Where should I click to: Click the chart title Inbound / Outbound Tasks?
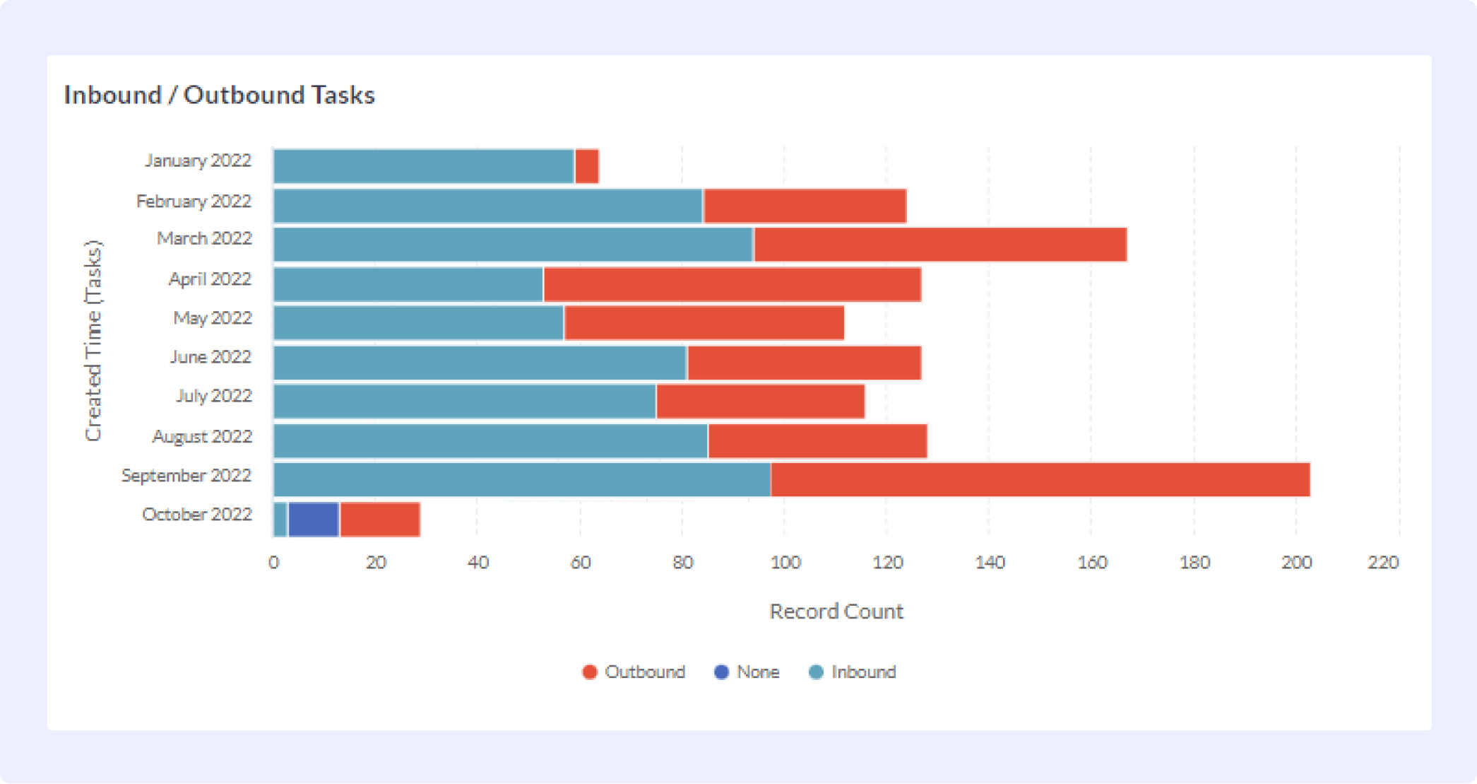point(219,95)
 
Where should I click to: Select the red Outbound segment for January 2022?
point(587,167)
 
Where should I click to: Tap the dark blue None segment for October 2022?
point(314,520)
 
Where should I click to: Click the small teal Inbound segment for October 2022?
point(280,520)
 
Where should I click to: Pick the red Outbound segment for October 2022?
point(380,520)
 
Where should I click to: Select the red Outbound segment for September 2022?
point(1040,480)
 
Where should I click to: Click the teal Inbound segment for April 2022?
point(408,284)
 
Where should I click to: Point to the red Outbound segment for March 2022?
point(940,245)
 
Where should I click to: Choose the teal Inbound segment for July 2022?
point(465,401)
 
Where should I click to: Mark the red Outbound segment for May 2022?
point(704,323)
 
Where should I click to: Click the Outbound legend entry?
point(634,672)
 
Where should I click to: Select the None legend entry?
point(747,672)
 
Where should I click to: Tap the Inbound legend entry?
point(853,672)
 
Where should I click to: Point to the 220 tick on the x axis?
point(1383,562)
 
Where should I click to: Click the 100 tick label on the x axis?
point(785,562)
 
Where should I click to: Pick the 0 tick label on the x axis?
point(273,562)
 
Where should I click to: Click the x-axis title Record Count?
point(836,611)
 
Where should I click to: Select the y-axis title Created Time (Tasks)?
point(93,341)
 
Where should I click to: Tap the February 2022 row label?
point(194,201)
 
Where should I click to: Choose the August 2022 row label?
point(202,436)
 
